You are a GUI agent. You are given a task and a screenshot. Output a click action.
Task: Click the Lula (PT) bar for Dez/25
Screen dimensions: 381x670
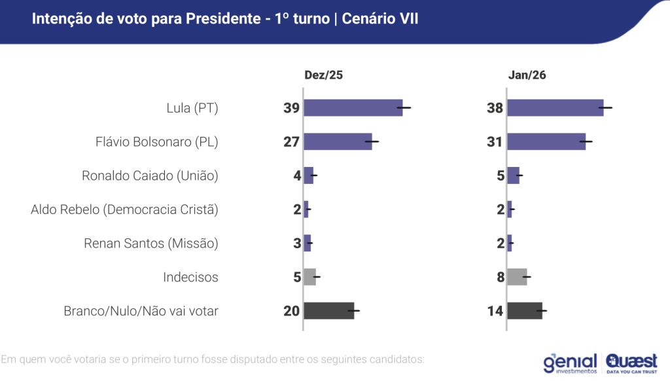coord(353,108)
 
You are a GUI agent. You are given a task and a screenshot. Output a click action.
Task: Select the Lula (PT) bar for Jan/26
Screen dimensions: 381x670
coord(555,108)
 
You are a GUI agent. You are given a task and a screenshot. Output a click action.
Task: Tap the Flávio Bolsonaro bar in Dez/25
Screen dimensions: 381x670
coord(338,141)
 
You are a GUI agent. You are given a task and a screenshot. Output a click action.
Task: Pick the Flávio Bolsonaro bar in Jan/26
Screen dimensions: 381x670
coord(546,141)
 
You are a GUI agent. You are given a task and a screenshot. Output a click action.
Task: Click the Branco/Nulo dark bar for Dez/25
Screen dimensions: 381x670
coord(329,311)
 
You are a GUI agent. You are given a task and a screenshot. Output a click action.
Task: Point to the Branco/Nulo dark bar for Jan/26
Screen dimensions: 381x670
coord(525,311)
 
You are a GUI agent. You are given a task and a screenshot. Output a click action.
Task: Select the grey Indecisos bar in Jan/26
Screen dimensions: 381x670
coord(517,277)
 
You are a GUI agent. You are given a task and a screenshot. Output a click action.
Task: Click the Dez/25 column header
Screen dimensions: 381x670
coord(323,75)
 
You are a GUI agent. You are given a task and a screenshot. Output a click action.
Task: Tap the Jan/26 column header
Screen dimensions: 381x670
coord(527,75)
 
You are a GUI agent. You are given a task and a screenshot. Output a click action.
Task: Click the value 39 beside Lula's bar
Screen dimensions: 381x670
coord(291,108)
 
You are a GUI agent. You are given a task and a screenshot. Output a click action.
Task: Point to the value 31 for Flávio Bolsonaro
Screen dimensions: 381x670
coord(495,142)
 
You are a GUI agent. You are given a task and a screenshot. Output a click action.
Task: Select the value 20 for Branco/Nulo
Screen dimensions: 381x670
coord(291,311)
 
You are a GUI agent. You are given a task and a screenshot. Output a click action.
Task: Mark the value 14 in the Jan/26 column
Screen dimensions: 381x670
coord(495,311)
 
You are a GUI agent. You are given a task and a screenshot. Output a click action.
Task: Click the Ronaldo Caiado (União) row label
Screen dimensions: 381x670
coord(150,175)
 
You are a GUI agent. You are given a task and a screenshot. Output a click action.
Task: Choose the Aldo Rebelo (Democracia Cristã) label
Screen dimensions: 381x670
coord(124,209)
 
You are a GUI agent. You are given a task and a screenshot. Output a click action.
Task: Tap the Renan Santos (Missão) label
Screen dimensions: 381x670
coord(151,244)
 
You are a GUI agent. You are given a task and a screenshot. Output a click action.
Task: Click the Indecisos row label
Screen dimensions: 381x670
coord(190,278)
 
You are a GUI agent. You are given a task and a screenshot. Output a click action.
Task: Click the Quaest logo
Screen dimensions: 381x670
coord(631,362)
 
